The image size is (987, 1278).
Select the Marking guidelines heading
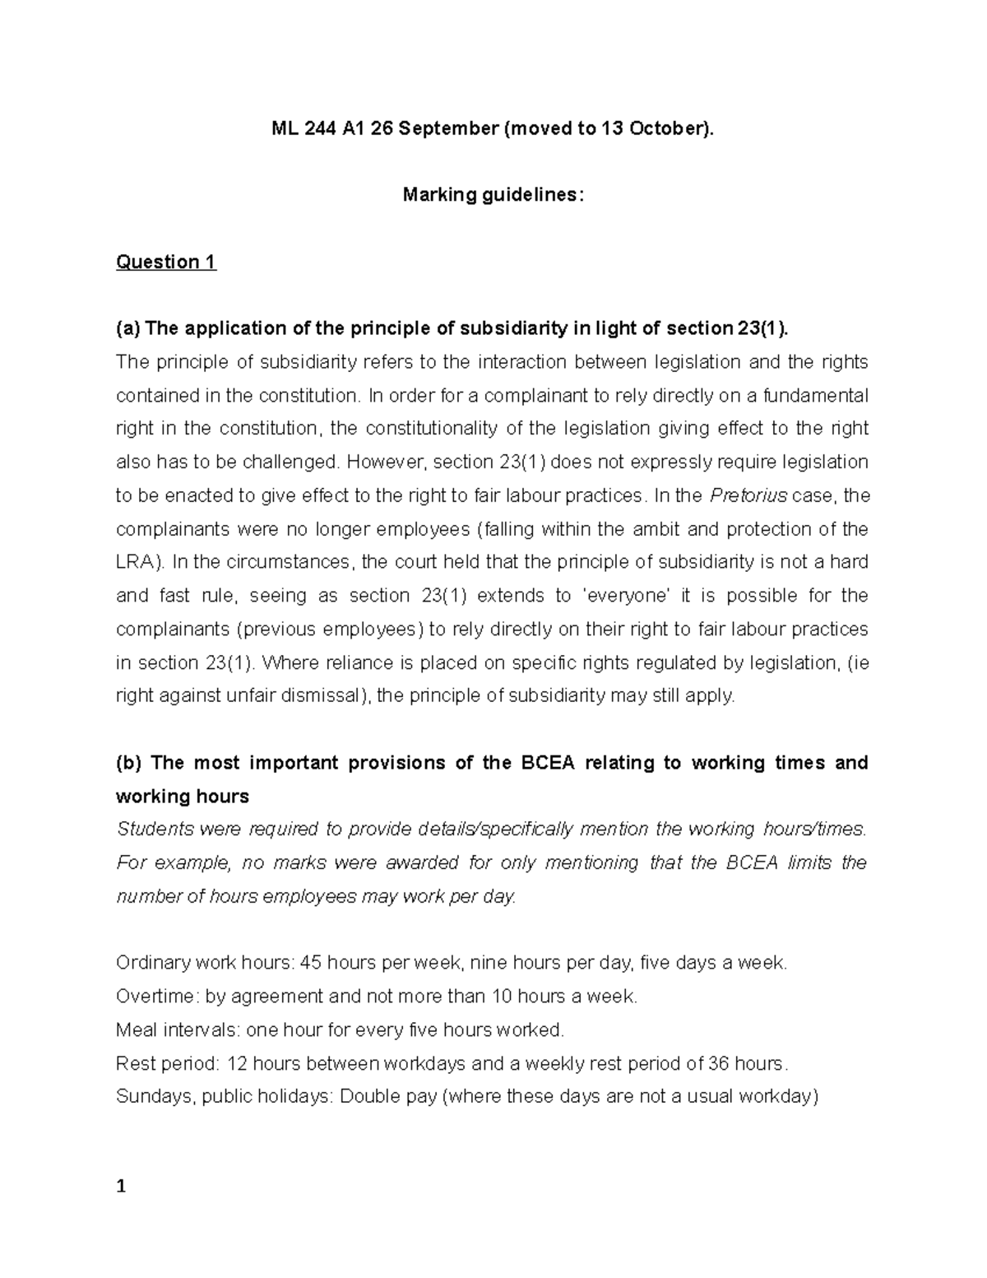click(x=493, y=195)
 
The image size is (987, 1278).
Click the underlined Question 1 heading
click(x=166, y=262)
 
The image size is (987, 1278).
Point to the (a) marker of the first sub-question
click(x=128, y=328)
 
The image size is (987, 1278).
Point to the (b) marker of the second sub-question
click(x=128, y=763)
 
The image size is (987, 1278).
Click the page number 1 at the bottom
click(x=121, y=1187)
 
